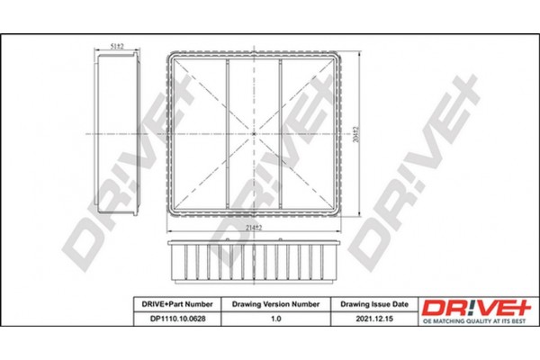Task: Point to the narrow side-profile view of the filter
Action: (117, 133)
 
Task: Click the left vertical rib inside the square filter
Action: (227, 133)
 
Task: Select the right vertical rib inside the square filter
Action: (281, 133)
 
